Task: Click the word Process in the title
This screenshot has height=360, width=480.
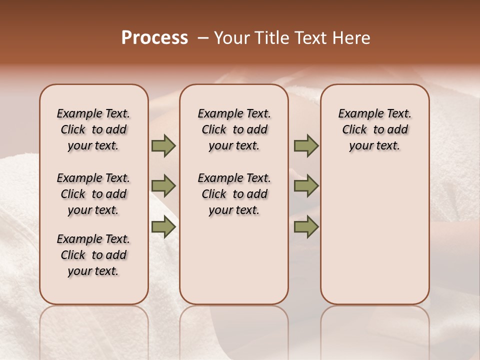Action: click(154, 38)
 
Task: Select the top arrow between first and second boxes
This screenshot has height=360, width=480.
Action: click(163, 145)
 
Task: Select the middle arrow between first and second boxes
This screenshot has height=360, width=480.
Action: click(163, 186)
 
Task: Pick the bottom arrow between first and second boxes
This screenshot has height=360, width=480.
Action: click(163, 227)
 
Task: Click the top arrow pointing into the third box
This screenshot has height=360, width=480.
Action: click(306, 145)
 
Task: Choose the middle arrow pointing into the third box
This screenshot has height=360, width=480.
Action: click(306, 186)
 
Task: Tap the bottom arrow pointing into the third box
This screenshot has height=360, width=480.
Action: click(306, 227)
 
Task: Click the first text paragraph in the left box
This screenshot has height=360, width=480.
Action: click(93, 129)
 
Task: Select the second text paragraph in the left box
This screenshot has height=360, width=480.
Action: click(93, 194)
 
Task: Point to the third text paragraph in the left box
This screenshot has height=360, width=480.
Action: click(93, 255)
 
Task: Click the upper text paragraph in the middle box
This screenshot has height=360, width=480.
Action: click(234, 129)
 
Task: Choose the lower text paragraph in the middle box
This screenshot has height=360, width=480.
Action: click(234, 194)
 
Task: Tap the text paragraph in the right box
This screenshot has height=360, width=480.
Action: click(374, 129)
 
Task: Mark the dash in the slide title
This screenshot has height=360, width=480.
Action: click(203, 38)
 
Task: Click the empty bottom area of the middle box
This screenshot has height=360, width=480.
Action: click(234, 265)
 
